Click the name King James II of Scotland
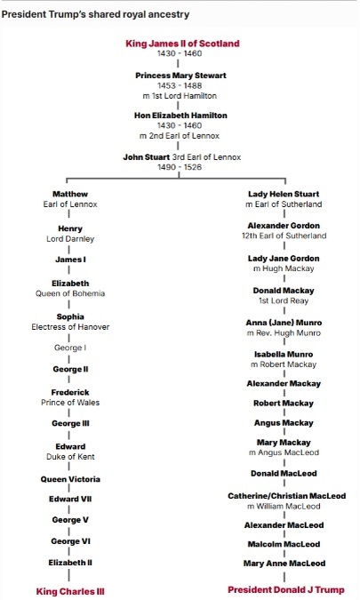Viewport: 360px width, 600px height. tap(182, 44)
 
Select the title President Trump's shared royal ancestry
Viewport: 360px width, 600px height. tap(95, 14)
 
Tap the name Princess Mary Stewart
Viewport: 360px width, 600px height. tap(180, 76)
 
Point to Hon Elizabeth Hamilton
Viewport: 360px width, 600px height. tap(180, 116)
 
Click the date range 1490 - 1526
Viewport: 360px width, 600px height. tap(180, 167)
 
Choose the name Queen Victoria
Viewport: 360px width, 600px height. tap(70, 479)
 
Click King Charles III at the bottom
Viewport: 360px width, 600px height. tap(70, 591)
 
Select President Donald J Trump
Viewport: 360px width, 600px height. tap(286, 589)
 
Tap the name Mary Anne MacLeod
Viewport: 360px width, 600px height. tap(284, 564)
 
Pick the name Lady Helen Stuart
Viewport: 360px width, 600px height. tap(284, 194)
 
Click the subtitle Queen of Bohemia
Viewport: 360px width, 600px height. tap(70, 293)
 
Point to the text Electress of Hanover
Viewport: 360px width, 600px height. tap(70, 327)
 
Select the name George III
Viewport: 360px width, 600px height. tap(70, 423)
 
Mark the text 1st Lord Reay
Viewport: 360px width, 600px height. tap(284, 300)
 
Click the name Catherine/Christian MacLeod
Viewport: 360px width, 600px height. tap(286, 496)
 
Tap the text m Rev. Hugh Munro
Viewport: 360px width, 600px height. tap(284, 333)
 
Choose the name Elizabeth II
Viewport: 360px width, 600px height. tap(70, 563)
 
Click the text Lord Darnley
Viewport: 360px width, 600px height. tap(70, 239)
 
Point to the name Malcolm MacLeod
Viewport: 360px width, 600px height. tap(284, 544)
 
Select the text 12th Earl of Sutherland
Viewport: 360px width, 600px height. tap(284, 236)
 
